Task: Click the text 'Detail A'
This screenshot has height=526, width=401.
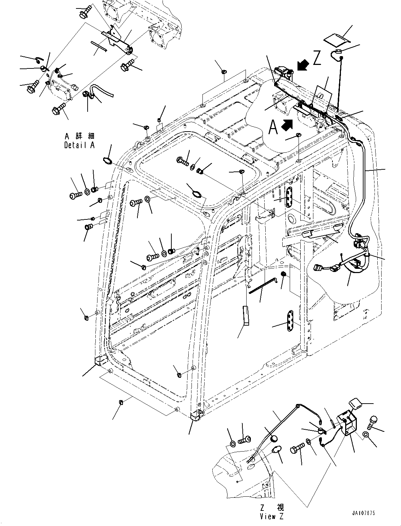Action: pyautogui.click(x=79, y=145)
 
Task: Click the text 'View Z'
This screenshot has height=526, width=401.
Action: pyautogui.click(x=272, y=516)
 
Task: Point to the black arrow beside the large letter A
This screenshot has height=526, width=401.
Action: pyautogui.click(x=287, y=125)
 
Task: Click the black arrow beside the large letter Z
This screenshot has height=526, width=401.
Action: pyautogui.click(x=303, y=65)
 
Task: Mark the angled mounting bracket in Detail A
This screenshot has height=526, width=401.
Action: pyautogui.click(x=117, y=40)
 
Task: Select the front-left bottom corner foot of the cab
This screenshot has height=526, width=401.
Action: pyautogui.click(x=101, y=360)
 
